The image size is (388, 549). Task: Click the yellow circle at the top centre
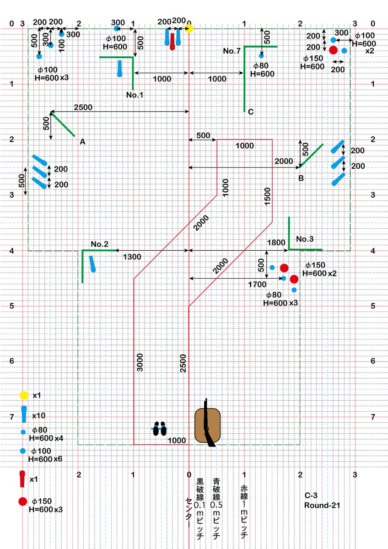click(x=189, y=29)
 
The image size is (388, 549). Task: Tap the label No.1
click(x=135, y=95)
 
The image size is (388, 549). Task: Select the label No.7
click(x=232, y=51)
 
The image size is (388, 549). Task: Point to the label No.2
click(x=99, y=244)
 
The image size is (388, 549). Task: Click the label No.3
click(x=305, y=239)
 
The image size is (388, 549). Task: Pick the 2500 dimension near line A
click(x=83, y=108)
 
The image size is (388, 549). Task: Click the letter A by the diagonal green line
click(x=83, y=142)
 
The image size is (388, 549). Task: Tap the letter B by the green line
click(x=301, y=178)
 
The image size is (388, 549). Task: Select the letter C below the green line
click(x=250, y=112)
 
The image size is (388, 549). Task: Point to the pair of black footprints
click(x=160, y=428)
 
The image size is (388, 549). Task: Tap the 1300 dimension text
click(x=132, y=257)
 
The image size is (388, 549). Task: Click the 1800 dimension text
click(x=276, y=242)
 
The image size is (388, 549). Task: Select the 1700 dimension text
click(x=257, y=285)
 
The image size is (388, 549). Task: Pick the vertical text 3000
click(x=140, y=362)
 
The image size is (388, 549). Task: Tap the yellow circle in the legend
click(x=24, y=395)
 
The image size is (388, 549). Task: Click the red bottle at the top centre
click(x=172, y=42)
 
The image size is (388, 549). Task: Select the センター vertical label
click(x=189, y=513)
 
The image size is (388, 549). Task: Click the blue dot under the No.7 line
click(x=261, y=56)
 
